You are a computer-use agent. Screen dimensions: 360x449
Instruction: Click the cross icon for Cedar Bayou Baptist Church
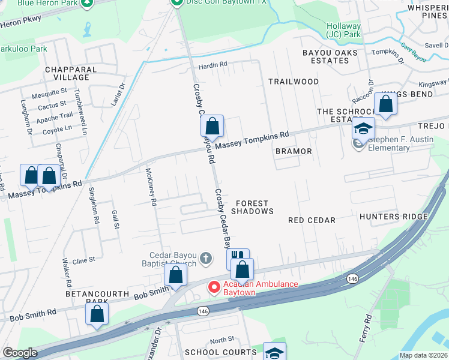205,258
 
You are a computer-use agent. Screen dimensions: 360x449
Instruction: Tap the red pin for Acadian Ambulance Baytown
213,287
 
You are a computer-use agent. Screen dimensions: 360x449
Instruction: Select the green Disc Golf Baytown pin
176,2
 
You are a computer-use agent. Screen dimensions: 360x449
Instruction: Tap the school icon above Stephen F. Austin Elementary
363,128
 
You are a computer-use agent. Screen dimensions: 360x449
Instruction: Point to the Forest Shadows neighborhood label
252,207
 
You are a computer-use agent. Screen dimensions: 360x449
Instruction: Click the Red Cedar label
312,220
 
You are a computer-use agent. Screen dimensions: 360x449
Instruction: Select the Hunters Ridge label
393,217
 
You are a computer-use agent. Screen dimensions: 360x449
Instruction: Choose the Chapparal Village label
71,73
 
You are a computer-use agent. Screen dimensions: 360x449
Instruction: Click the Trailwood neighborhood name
294,81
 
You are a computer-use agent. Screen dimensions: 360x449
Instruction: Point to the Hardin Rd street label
214,64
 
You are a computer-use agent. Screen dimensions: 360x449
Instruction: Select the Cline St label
84,260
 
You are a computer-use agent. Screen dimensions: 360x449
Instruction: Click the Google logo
20,353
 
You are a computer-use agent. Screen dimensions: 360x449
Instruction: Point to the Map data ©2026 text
423,355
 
